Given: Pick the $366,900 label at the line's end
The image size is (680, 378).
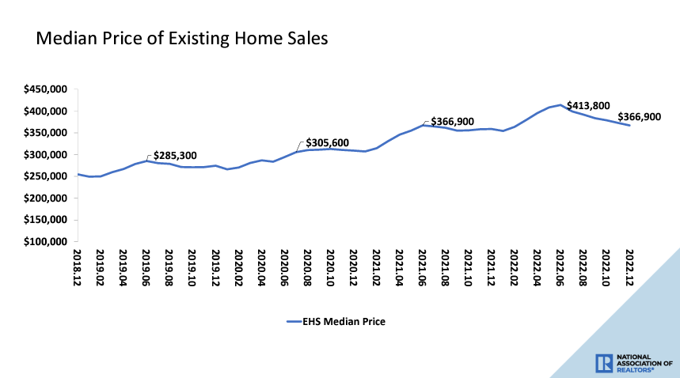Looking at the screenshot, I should [x=640, y=117].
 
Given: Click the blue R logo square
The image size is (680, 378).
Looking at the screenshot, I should [x=603, y=362].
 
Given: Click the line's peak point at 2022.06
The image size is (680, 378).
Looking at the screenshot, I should [x=560, y=104].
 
